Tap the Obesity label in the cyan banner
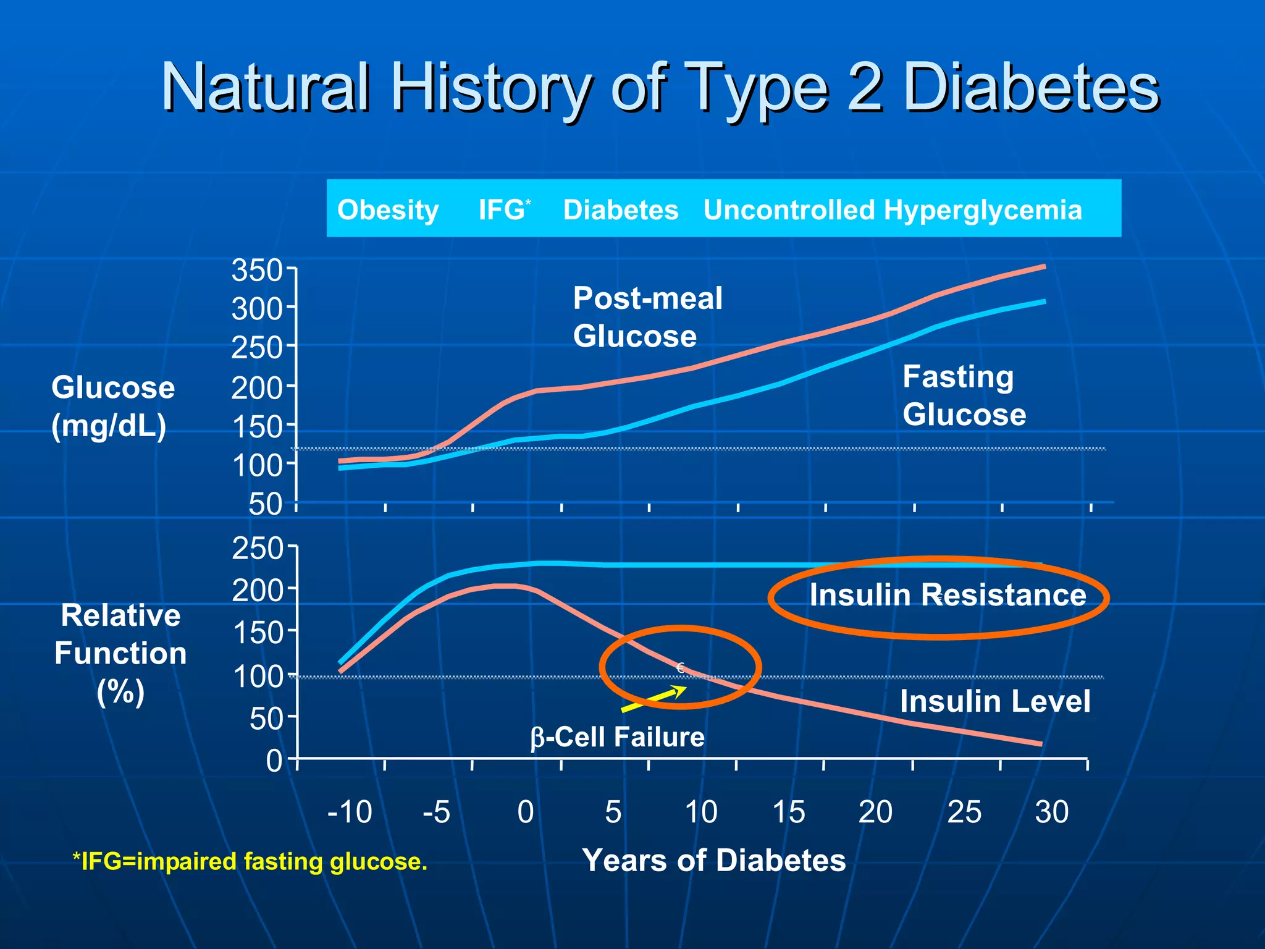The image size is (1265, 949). tap(388, 210)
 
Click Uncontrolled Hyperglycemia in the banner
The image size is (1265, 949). tap(892, 210)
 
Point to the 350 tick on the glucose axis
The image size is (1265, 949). tap(257, 271)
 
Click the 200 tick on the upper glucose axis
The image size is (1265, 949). tap(257, 388)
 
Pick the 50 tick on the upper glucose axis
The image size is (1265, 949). tap(266, 504)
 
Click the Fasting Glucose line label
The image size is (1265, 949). tap(964, 395)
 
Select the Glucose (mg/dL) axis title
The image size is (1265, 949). tap(112, 407)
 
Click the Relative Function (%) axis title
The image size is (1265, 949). tap(120, 654)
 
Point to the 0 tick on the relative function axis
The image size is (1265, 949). tap(274, 760)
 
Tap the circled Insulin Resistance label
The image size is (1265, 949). tap(947, 595)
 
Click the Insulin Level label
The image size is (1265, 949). tap(994, 701)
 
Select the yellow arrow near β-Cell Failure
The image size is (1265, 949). tap(654, 699)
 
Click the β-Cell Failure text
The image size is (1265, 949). tap(618, 737)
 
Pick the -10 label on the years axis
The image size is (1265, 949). tap(350, 812)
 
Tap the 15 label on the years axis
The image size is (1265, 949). tap(788, 812)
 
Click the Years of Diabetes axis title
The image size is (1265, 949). tap(713, 860)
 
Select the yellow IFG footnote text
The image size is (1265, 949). tap(250, 861)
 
